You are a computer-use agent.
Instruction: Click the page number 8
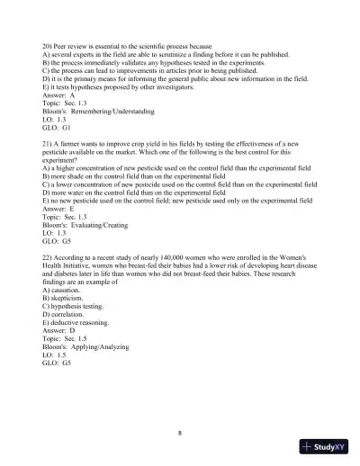pos(180,434)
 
